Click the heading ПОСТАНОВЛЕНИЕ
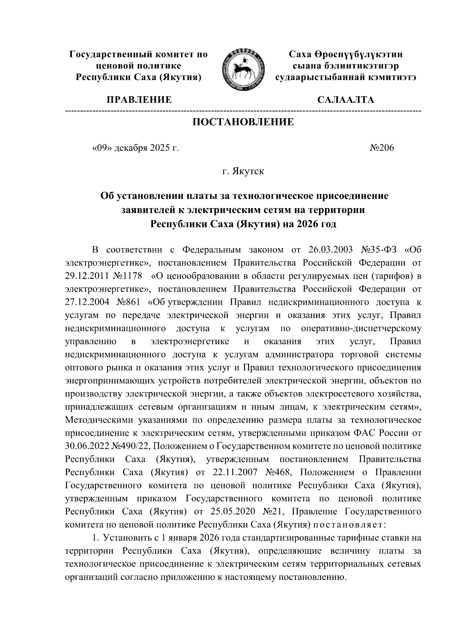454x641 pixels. [x=243, y=122]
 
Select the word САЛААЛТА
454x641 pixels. [x=346, y=100]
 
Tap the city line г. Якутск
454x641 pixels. [x=243, y=172]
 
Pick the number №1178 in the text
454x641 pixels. [x=129, y=276]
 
